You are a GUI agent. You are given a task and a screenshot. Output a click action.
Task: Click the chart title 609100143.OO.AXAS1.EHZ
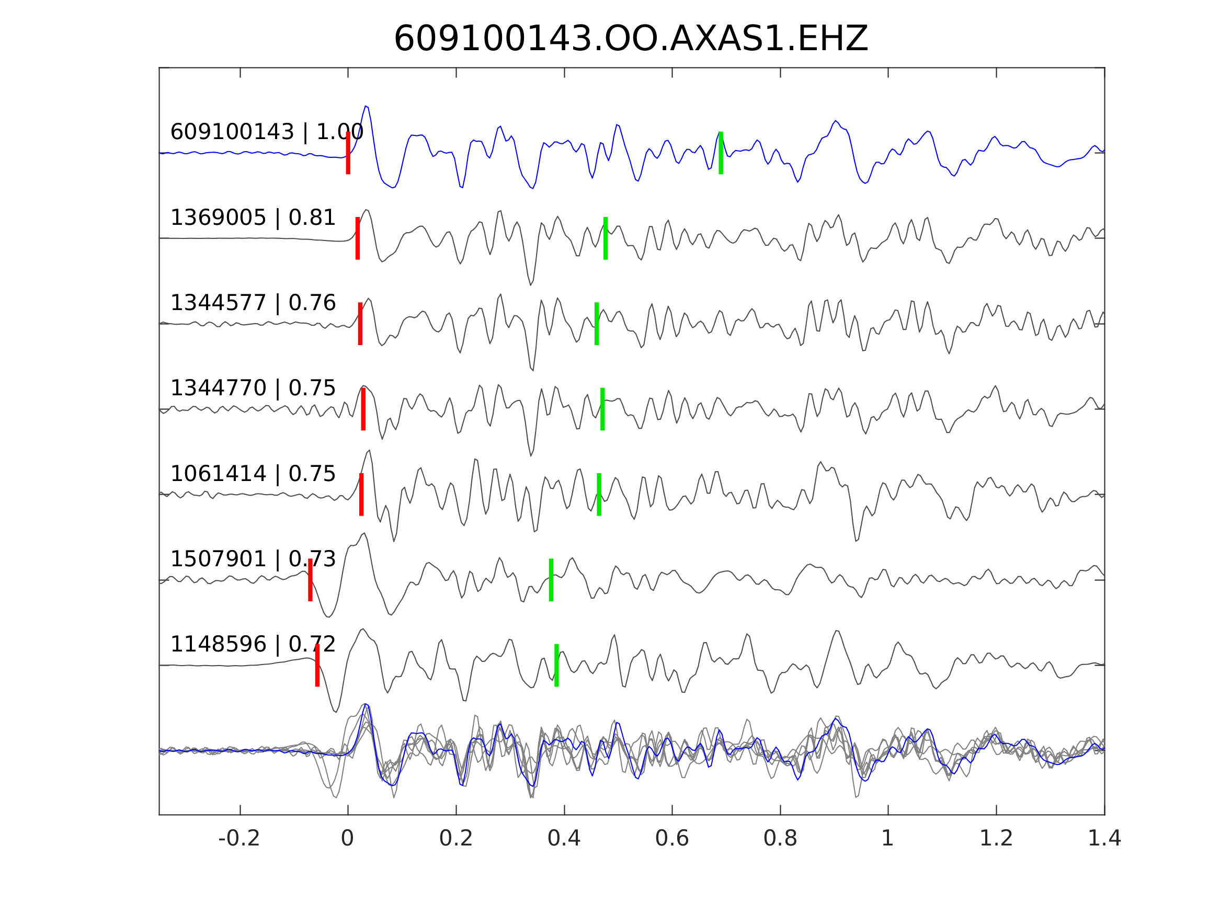coord(631,39)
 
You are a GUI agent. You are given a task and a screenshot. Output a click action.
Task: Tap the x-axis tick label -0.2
coord(239,838)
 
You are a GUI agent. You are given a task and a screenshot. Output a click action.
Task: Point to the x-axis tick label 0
coord(347,838)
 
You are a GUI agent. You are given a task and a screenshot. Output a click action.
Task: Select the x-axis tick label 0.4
coord(564,838)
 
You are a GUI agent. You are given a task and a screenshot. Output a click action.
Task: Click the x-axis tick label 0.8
coord(780,838)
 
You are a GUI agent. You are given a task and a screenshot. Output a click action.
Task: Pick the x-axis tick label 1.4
coord(1104,838)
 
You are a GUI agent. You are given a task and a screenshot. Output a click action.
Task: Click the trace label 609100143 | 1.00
coord(266,132)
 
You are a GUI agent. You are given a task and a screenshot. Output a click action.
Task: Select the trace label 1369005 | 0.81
coord(253,218)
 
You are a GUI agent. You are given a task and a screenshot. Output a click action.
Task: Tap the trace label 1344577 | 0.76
coord(253,303)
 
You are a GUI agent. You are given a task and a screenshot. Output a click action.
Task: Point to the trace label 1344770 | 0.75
coord(253,388)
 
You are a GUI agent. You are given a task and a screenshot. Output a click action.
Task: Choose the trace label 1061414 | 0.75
coord(253,474)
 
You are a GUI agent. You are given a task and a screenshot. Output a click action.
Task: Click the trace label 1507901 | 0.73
coord(253,559)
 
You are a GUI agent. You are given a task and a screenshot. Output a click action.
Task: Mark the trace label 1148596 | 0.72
coord(253,644)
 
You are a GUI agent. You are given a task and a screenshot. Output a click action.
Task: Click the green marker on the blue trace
coord(720,153)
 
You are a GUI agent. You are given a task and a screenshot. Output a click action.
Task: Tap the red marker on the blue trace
coord(348,153)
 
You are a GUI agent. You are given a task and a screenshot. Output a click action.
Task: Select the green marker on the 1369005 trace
coord(605,238)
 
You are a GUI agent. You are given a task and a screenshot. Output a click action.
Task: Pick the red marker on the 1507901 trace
coord(311,580)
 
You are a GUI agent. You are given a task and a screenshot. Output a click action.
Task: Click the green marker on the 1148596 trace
coord(556,665)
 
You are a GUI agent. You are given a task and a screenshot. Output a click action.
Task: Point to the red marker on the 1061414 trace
coord(361,495)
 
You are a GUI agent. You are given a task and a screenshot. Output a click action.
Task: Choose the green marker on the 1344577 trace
coord(596,324)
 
